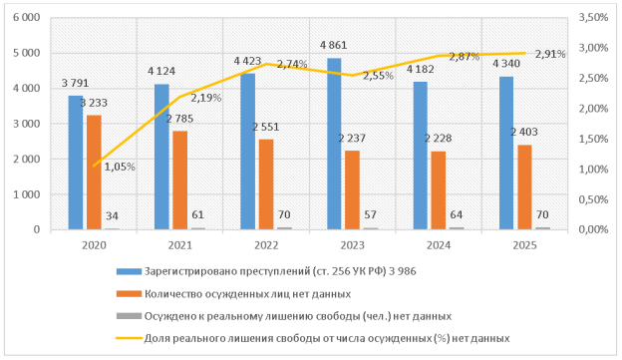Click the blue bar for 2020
tap(76, 163)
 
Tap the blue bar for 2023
tap(335, 144)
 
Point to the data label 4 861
tap(333, 46)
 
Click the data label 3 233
tap(96, 103)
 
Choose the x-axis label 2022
tap(247, 242)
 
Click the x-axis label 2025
tap(509, 242)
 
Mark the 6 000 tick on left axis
tap(25, 18)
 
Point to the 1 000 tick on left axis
tap(25, 194)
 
